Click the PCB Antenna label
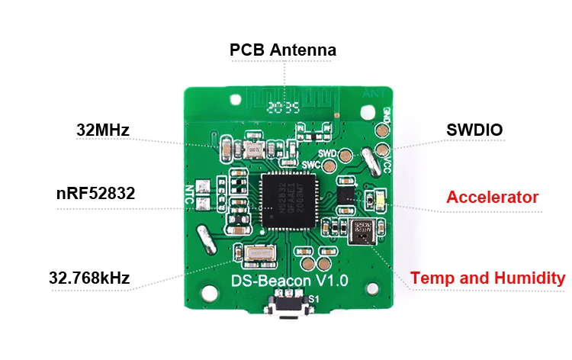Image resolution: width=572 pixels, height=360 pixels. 283,51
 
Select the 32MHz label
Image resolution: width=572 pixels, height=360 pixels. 103,130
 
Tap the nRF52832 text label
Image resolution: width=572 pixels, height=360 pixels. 96,194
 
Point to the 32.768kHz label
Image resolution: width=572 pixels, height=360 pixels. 90,278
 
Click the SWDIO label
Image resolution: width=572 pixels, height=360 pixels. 474,130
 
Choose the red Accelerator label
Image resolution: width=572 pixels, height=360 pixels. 492,198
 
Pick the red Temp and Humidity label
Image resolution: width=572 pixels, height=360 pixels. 488,278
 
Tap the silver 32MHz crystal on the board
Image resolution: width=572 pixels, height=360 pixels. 251,149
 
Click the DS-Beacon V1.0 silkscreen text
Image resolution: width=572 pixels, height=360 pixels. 289,281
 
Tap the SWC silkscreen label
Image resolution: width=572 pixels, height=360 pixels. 311,165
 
